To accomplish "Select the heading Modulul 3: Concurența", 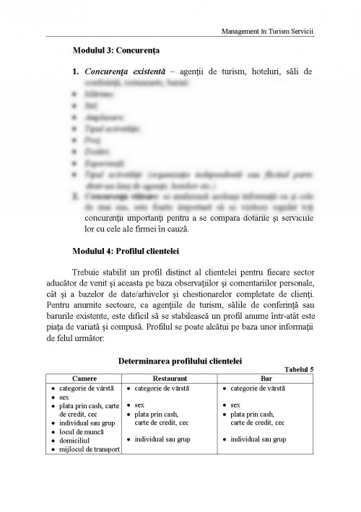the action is (116, 51).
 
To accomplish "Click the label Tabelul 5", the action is (300, 369).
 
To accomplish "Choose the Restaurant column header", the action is (170, 378).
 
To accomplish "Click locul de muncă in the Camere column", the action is (77, 432).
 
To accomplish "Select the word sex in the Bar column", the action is (235, 405).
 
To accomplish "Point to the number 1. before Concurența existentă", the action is (75, 72).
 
